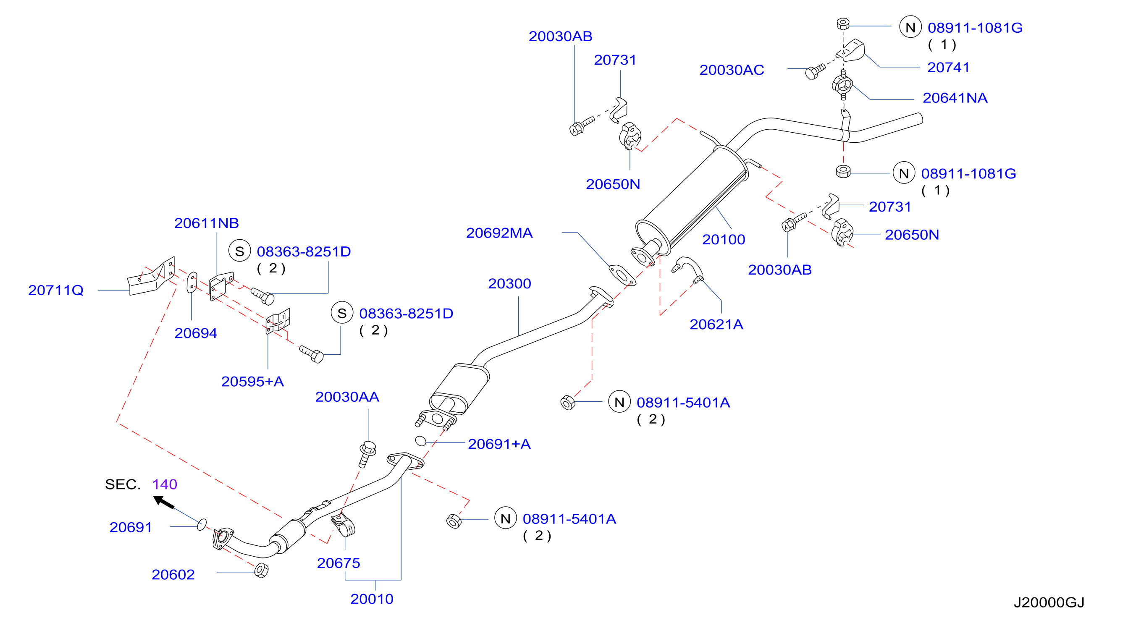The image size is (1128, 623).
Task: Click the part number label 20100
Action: click(x=724, y=239)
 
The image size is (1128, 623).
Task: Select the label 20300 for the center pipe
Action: click(x=509, y=284)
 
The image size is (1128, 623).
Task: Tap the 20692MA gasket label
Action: click(x=499, y=233)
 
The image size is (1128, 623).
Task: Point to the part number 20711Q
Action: click(x=55, y=290)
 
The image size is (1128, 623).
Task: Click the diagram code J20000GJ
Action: click(x=1049, y=602)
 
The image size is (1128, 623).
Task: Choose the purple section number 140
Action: click(x=165, y=484)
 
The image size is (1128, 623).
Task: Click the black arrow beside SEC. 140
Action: click(x=164, y=502)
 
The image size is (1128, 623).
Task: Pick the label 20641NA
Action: click(x=955, y=98)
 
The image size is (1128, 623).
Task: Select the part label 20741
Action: click(x=948, y=68)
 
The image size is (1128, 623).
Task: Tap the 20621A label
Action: click(x=716, y=325)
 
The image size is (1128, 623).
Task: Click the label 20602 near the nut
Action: click(x=173, y=574)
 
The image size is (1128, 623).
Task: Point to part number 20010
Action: click(x=372, y=599)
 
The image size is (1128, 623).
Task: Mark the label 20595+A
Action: click(x=253, y=382)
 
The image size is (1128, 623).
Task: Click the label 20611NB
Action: click(x=207, y=223)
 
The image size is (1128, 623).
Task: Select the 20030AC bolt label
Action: click(x=732, y=70)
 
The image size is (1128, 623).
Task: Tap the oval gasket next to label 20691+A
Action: click(x=420, y=441)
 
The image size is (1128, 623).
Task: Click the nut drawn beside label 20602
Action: click(x=261, y=571)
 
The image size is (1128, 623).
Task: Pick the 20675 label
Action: click(x=338, y=563)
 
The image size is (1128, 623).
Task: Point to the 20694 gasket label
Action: click(x=196, y=333)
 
